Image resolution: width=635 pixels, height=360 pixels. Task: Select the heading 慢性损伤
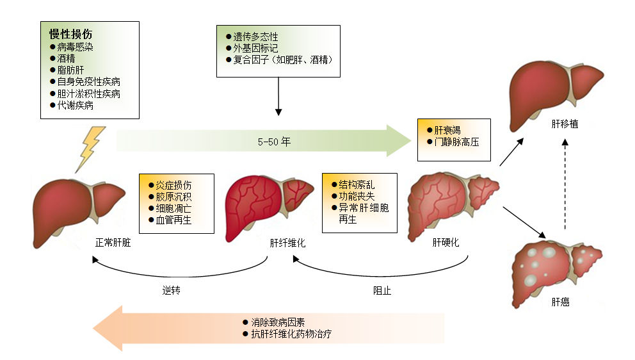coord(71,34)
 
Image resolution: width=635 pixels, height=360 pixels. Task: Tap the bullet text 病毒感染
coord(75,47)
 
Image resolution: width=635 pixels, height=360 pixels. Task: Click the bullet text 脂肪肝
coord(70,70)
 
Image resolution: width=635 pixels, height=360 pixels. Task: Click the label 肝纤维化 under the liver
coord(287,243)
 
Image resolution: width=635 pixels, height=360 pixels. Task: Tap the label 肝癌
coord(560,302)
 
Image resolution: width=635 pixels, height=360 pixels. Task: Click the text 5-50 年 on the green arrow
coord(274,142)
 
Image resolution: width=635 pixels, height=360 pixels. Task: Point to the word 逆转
coord(172,290)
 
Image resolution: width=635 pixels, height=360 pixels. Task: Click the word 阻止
coord(382,290)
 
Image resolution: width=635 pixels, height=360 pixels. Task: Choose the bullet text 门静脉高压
coord(456,142)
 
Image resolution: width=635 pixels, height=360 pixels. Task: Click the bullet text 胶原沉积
coord(173,197)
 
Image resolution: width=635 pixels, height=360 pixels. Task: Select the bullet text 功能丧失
coord(357,197)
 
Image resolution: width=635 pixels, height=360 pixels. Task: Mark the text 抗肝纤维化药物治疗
coord(291,334)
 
